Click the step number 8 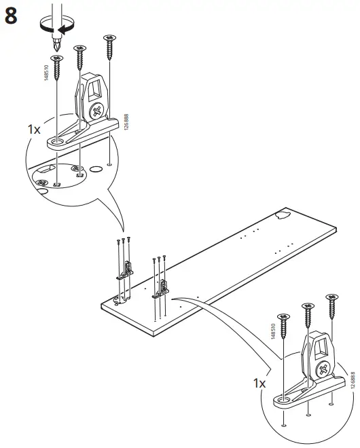click(x=12, y=16)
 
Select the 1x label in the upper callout click(x=34, y=128)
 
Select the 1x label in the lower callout click(x=259, y=384)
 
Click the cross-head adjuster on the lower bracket click(x=322, y=369)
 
